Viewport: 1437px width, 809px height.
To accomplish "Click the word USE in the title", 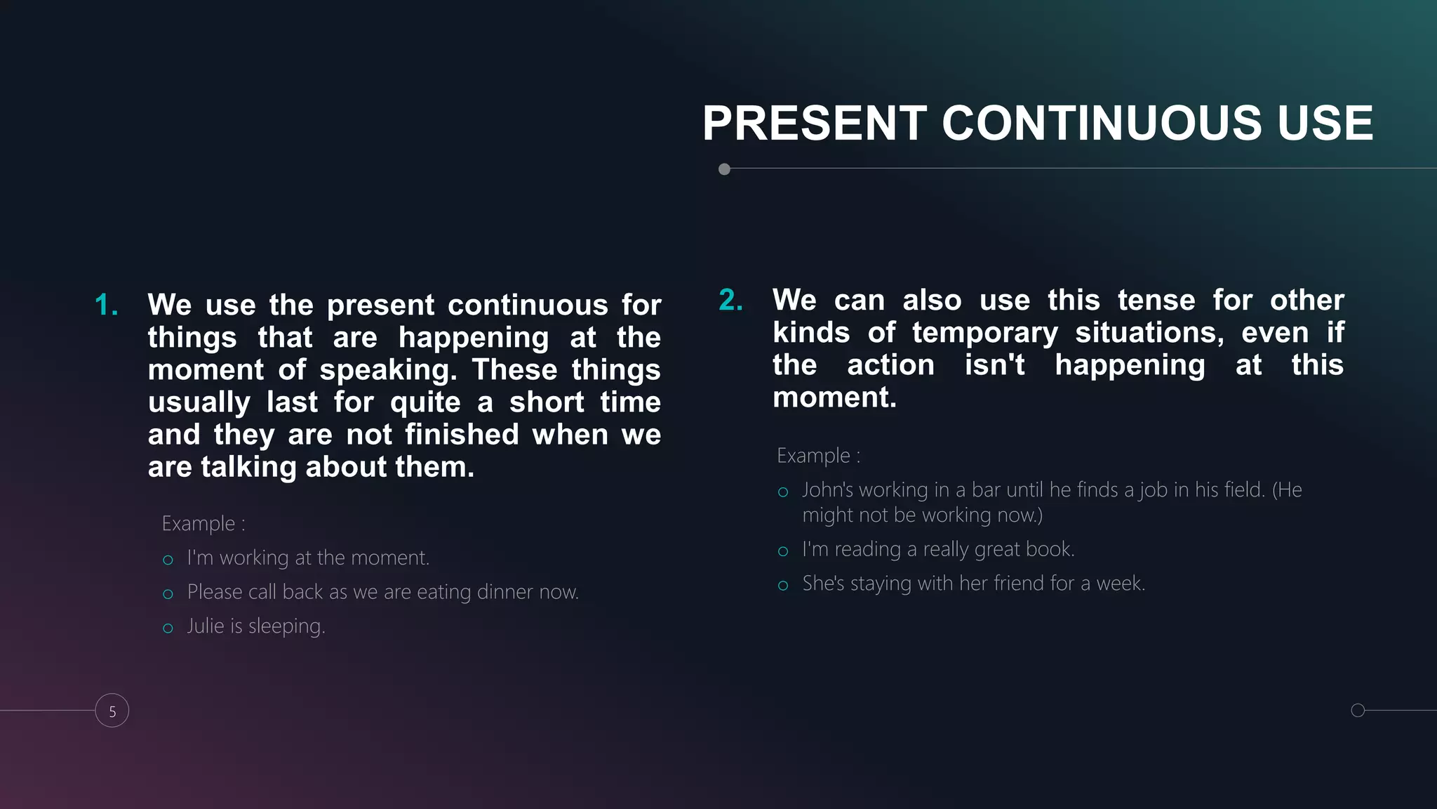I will coord(1325,124).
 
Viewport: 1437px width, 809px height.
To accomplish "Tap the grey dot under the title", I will coord(724,169).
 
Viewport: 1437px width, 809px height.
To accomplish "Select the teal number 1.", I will coord(106,305).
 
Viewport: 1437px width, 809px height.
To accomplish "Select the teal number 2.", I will coord(730,301).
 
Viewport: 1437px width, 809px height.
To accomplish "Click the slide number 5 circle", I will coord(112,711).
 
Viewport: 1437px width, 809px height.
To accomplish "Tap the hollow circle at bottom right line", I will coord(1358,710).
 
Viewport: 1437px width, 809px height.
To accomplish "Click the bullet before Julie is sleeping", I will coord(168,629).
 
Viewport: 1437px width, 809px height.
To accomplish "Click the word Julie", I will coord(205,626).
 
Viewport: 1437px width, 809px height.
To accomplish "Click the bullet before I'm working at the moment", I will coord(168,560).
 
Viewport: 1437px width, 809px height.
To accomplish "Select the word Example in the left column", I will coord(198,524).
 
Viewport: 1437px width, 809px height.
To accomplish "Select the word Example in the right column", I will coord(813,456).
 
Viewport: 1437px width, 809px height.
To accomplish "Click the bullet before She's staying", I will coord(783,586).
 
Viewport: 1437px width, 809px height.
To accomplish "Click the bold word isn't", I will coord(994,365).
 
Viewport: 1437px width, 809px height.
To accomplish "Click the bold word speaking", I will coord(387,370).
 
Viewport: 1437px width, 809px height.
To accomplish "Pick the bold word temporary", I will coord(984,333).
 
